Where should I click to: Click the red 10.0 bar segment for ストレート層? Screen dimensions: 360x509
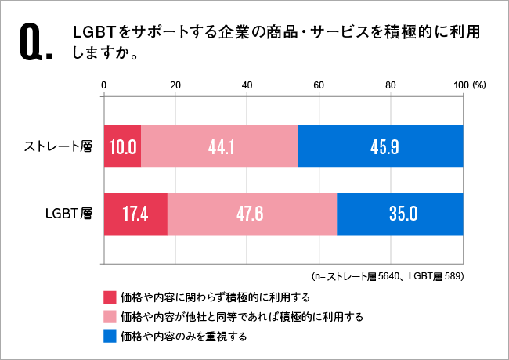point(123,146)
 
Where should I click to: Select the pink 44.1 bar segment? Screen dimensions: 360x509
point(220,146)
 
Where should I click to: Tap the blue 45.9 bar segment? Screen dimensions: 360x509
point(381,146)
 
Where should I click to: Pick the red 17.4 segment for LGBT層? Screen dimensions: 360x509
point(135,213)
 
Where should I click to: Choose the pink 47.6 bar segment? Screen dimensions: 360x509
point(252,213)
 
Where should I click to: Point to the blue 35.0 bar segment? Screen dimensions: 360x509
point(399,213)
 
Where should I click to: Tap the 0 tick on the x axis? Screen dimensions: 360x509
point(104,85)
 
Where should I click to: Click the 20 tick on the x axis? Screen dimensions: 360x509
point(175,85)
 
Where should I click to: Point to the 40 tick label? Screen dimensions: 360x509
point(247,85)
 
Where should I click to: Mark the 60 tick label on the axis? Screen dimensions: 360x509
point(319,85)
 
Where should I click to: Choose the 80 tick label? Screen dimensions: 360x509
point(391,85)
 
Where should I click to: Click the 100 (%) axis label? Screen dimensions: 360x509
point(470,85)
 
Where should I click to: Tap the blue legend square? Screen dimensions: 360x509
point(109,337)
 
